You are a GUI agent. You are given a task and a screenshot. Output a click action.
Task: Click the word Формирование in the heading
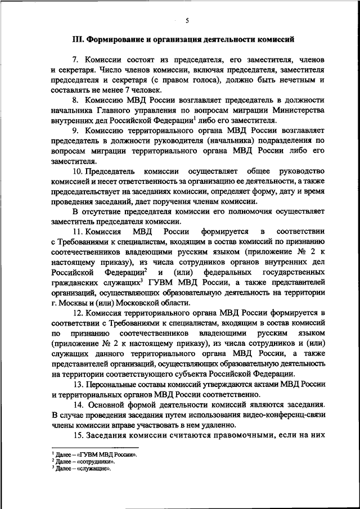pyautogui.click(x=116, y=40)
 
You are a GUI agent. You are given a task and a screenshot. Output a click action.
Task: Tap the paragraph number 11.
pyautogui.click(x=78, y=232)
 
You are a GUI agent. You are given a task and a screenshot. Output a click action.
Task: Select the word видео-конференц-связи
pyautogui.click(x=285, y=415)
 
